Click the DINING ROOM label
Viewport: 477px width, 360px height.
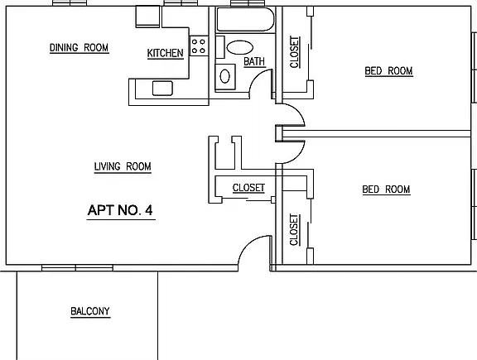point(79,48)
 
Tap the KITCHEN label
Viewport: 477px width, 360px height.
point(165,53)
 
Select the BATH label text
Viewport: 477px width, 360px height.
point(254,61)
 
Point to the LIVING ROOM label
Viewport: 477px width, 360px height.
point(123,166)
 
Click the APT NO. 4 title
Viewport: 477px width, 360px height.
point(120,210)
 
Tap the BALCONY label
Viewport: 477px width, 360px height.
point(90,311)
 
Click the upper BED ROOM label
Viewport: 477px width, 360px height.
point(388,71)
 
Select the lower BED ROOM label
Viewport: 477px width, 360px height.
point(386,190)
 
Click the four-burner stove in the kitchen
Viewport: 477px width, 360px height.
point(199,46)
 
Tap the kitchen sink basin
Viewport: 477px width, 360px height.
point(162,89)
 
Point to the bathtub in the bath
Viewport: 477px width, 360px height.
point(245,19)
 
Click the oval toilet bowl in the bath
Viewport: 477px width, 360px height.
point(239,48)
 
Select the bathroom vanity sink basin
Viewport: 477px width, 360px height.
point(224,76)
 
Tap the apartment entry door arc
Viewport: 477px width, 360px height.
point(246,244)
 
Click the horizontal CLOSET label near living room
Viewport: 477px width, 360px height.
point(248,188)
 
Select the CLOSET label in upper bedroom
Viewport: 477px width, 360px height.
point(294,52)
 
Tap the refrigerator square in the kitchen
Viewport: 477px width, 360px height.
point(147,17)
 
